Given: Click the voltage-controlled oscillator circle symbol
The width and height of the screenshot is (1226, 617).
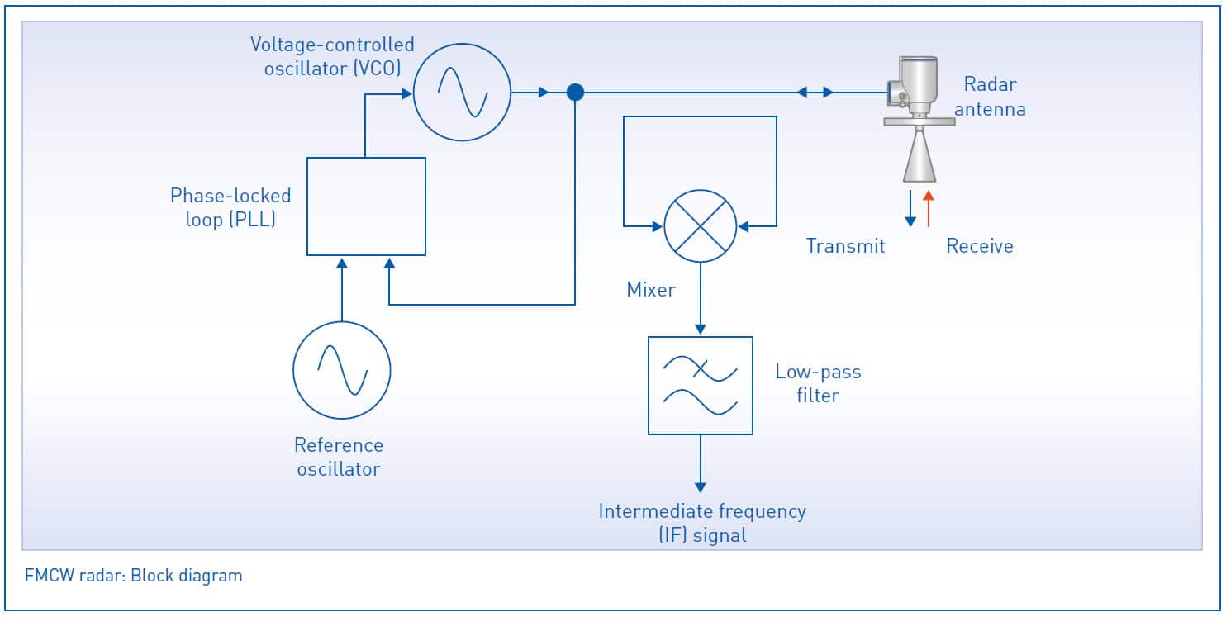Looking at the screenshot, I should tap(462, 93).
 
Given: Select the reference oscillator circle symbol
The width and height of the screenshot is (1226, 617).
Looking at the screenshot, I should tap(342, 370).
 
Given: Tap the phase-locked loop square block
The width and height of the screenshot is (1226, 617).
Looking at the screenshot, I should tap(366, 206).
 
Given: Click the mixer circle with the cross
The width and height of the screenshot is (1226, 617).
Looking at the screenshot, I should tap(701, 226).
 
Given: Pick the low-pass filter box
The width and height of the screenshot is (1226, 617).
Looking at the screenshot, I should tap(701, 386).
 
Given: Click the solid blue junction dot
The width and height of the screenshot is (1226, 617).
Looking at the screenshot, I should tap(575, 93).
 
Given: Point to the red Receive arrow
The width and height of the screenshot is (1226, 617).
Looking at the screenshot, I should tap(929, 208).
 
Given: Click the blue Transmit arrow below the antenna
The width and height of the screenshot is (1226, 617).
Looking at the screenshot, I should tap(910, 208).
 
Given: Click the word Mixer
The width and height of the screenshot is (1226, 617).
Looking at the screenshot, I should tap(651, 290).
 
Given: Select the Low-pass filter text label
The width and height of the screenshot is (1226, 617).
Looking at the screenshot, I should tap(818, 384).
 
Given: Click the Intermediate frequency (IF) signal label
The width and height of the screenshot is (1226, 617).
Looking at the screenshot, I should tap(702, 523).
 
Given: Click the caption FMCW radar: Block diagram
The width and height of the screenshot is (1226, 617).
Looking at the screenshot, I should tap(134, 576).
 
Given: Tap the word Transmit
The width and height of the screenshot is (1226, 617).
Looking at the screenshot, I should tap(845, 246).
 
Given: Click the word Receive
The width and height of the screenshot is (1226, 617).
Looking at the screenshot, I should tap(980, 246).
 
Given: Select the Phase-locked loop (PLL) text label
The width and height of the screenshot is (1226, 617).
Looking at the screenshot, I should tap(230, 208).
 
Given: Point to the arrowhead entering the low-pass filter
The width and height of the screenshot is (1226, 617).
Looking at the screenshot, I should tap(701, 329).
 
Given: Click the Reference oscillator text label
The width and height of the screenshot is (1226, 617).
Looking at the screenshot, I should tap(339, 457).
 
